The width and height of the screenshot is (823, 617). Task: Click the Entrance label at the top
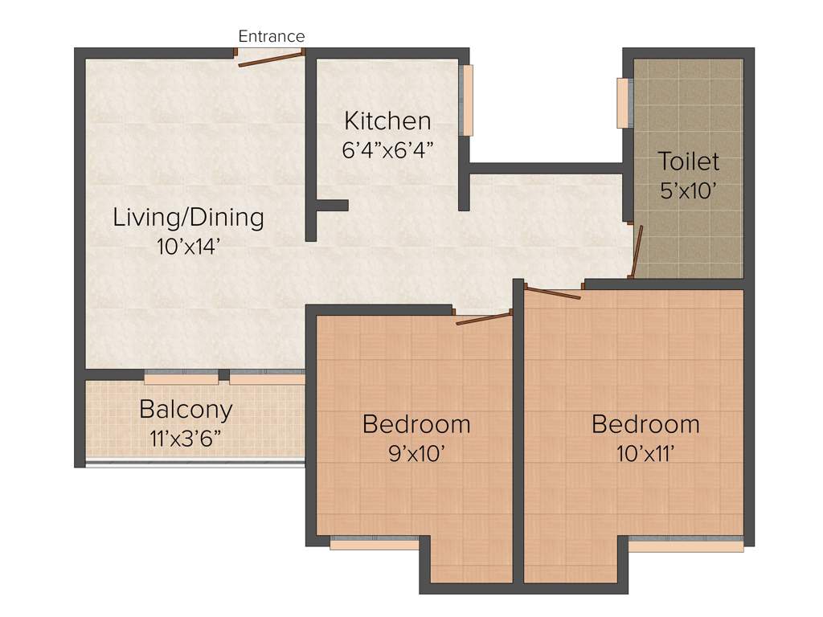coord(272,36)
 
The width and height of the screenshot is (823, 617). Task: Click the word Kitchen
coord(387,121)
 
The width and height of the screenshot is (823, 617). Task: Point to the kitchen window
coord(467,100)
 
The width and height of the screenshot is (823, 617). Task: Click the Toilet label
coord(689,161)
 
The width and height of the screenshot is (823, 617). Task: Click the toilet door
coord(637,251)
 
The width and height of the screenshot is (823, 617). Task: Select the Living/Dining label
coord(188,217)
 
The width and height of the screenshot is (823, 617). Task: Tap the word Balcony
coord(186,409)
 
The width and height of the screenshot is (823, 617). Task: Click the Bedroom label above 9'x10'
coord(416,423)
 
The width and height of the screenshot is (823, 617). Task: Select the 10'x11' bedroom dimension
coord(645,453)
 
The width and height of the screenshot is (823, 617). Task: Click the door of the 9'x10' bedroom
coord(484,319)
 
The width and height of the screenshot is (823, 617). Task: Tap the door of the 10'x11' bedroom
coord(552,292)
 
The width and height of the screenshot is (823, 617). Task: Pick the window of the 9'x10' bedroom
coord(375,544)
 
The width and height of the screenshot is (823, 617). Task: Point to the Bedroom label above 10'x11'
coord(645,423)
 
